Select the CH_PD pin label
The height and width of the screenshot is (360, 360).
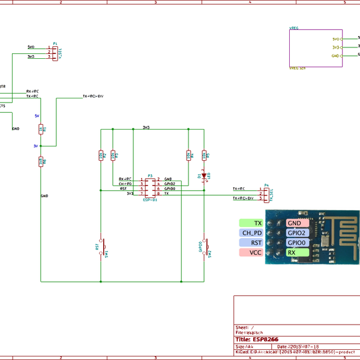251,233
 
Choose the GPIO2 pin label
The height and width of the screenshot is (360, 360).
298,233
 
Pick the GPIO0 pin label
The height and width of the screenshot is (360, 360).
298,242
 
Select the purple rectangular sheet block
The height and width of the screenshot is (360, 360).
316,47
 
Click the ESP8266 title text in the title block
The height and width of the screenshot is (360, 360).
262,339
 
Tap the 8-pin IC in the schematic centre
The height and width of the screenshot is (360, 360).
149,186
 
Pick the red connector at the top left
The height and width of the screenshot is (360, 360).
52,52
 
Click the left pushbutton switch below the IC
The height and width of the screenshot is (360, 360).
101,245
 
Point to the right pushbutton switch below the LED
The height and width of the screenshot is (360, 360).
205,247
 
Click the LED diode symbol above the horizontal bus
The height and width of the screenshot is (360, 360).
205,175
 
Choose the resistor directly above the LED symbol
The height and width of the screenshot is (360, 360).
205,155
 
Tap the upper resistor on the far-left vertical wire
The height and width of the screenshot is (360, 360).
41,128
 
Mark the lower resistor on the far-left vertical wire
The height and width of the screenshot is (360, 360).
41,161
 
